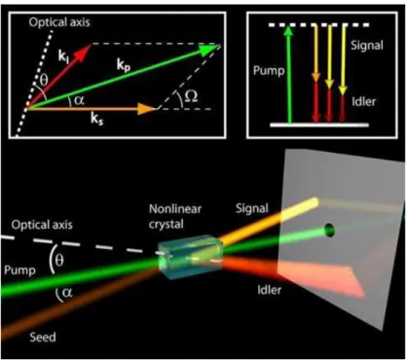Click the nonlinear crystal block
[190, 257]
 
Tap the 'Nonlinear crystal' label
[175, 216]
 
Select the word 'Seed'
[43, 338]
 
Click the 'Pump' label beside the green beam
[19, 270]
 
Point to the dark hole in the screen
[330, 231]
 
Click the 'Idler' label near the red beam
[270, 290]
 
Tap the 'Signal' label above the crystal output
[252, 208]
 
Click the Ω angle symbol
[191, 96]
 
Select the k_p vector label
[124, 66]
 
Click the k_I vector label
[63, 56]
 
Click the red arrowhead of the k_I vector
[83, 53]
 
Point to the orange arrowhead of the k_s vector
[147, 109]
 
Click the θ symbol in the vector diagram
[43, 80]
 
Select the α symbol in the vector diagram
[79, 100]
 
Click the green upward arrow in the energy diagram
[289, 75]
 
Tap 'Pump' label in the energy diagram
[269, 71]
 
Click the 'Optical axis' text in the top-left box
[59, 22]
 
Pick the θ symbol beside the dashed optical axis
[58, 260]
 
